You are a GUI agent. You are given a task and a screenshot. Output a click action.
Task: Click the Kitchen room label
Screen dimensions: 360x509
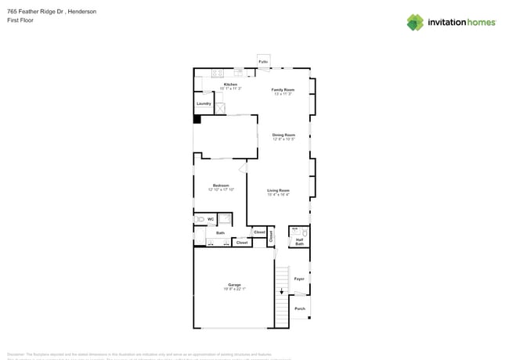tap(230, 85)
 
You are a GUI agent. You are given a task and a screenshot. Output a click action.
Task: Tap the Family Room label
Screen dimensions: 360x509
tap(283, 90)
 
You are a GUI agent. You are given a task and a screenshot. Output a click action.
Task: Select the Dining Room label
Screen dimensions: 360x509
tap(283, 135)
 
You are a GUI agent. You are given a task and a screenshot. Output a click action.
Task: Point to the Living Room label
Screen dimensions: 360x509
tap(278, 191)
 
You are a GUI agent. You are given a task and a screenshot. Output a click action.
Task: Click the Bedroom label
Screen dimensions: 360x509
tap(221, 185)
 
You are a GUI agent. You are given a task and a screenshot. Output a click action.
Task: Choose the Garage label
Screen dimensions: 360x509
tap(234, 285)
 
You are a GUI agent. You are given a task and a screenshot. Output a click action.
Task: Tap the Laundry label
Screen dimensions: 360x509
tap(204, 103)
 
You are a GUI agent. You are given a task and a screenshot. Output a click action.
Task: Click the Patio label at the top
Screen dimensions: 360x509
tap(263, 61)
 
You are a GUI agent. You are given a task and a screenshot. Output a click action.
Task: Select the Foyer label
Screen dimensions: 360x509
tap(298, 279)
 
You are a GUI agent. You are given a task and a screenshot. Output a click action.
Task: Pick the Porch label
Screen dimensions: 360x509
tap(299, 308)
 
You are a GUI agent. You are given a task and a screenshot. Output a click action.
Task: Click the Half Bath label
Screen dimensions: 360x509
tap(299, 243)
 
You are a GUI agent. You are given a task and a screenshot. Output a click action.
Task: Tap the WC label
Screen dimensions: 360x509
tap(211, 219)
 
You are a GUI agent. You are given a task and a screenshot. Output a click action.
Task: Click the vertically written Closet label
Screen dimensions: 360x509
tap(271, 236)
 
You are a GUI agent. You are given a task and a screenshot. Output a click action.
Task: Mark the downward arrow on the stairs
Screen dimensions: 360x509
tap(281, 291)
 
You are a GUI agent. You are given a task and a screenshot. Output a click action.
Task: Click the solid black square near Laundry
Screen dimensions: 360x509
tap(197, 120)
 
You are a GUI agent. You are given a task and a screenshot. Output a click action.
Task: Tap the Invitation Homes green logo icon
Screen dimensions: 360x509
tap(415, 22)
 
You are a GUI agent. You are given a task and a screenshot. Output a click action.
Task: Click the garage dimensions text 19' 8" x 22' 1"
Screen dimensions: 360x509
tap(234, 289)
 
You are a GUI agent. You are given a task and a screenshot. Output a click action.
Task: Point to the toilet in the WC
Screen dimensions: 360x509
tap(200, 219)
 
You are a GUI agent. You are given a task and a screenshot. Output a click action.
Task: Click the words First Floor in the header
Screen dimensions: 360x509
tap(20, 20)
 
